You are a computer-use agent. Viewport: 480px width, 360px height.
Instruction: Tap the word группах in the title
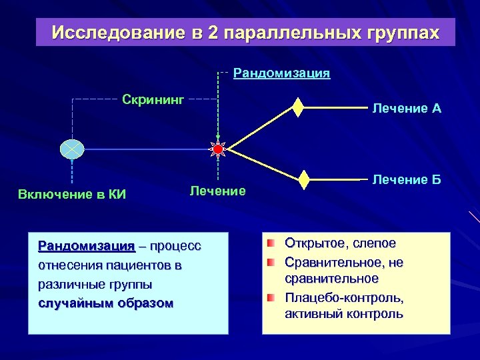[x=401, y=33]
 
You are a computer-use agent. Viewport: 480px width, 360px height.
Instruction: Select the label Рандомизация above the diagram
[x=281, y=73]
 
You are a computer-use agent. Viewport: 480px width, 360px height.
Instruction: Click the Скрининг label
[x=153, y=100]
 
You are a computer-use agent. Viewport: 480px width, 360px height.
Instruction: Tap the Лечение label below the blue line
[x=217, y=191]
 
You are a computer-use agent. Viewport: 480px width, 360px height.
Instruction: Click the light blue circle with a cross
[x=71, y=150]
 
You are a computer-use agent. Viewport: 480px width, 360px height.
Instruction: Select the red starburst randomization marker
[x=218, y=149]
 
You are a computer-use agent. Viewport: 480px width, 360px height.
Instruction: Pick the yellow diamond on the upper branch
[x=298, y=107]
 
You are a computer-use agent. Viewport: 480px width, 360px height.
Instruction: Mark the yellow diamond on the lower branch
[x=304, y=180]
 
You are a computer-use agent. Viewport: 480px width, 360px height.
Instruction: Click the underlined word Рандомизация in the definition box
[x=87, y=246]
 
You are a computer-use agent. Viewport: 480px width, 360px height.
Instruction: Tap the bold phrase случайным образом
[x=105, y=303]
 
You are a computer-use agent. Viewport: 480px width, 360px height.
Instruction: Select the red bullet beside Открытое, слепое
[x=271, y=243]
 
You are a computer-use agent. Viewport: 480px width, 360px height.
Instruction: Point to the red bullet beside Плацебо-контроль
[x=271, y=297]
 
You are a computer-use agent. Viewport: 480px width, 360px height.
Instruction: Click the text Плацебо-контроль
[x=344, y=297]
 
